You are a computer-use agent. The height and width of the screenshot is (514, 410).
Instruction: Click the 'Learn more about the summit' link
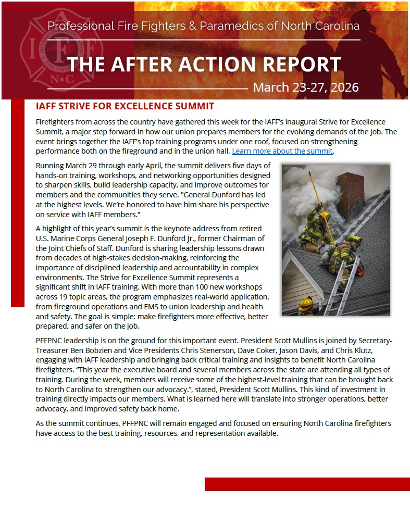(x=282, y=151)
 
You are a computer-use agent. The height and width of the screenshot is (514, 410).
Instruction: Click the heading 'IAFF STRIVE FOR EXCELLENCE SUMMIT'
(x=125, y=106)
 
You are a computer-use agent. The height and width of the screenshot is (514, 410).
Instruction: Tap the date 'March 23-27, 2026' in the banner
(x=306, y=86)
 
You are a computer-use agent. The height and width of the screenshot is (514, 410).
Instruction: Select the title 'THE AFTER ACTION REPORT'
(x=204, y=64)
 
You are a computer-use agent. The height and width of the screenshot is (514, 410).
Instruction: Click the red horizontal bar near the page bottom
(x=307, y=484)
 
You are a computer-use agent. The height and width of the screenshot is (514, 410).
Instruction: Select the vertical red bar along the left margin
(x=17, y=203)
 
